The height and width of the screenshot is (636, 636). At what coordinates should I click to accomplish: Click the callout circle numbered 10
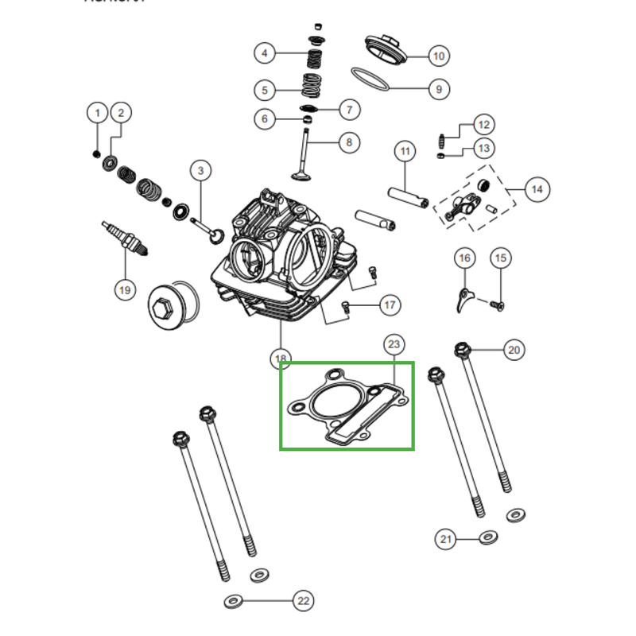pos(439,56)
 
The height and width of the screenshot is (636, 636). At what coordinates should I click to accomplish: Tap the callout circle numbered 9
pos(439,89)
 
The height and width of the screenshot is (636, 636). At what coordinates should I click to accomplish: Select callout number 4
pos(266,54)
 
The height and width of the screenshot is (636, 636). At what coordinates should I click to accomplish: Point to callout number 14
pos(537,189)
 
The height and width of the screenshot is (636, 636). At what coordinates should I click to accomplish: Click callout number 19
pos(124,289)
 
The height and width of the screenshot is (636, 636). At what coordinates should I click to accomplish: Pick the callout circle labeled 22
pos(303,601)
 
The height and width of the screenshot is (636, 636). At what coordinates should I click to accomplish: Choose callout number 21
pos(446,540)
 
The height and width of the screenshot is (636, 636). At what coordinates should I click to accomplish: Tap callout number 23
pos(394,344)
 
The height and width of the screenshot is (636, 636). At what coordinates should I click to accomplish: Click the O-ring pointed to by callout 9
pos(370,79)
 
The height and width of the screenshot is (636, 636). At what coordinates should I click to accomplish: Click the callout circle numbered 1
pos(97,113)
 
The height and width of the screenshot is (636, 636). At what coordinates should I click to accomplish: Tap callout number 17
pos(390,304)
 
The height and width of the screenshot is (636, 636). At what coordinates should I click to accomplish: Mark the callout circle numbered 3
pos(200,170)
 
